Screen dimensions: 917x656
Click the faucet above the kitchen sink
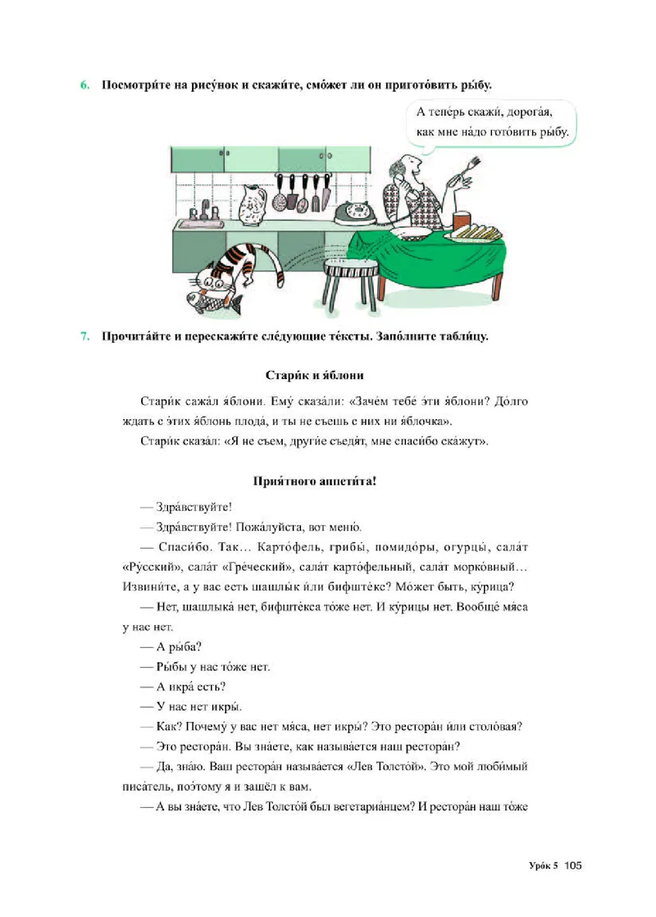(x=206, y=212)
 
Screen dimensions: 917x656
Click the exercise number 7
(x=84, y=335)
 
